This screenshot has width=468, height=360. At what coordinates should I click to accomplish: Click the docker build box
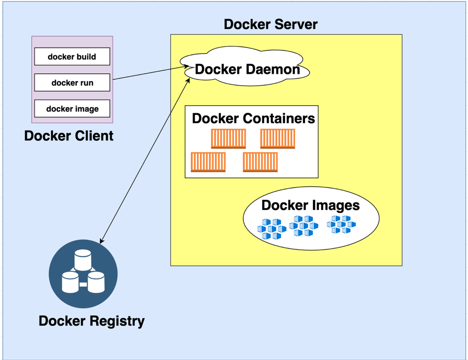[x=72, y=57]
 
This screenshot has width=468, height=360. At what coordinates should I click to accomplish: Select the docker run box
[x=72, y=83]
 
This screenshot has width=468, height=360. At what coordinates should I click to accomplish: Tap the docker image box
[x=72, y=109]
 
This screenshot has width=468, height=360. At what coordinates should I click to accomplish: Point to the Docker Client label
[x=69, y=135]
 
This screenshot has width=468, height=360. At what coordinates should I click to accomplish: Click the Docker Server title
[x=271, y=24]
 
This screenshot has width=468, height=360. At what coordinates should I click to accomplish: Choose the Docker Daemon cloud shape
[x=247, y=69]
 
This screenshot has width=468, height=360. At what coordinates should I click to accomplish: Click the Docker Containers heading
[x=253, y=118]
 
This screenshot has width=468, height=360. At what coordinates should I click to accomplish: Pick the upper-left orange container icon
[x=228, y=139]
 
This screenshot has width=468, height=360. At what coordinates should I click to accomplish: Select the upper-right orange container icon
[x=278, y=139]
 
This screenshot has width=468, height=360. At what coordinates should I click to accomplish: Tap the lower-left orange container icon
[x=208, y=162]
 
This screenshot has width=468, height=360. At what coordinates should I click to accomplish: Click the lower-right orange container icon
[x=260, y=162]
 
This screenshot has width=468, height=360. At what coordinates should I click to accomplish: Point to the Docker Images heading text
[x=311, y=205]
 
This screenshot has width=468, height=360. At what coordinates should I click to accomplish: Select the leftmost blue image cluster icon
[x=272, y=229]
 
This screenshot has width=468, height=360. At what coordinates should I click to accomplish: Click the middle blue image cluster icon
[x=304, y=226]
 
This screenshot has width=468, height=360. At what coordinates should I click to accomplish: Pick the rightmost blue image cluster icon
[x=341, y=225]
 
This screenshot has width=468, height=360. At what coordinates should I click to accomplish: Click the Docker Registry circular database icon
[x=83, y=274]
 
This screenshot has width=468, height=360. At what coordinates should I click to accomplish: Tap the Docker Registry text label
[x=92, y=321]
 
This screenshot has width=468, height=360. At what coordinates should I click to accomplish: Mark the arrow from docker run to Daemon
[x=150, y=73]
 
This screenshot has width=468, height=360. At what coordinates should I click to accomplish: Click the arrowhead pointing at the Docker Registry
[x=102, y=241]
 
